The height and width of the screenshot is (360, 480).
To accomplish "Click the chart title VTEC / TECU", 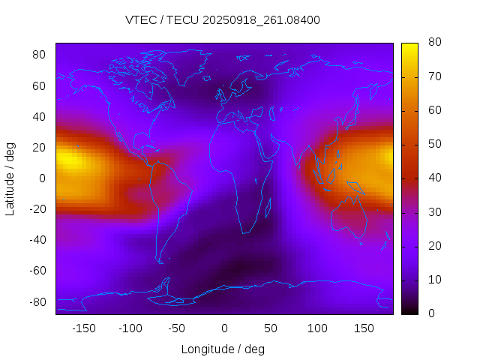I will pyautogui.click(x=223, y=20).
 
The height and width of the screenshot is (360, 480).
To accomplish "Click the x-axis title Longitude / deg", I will pyautogui.click(x=223, y=349).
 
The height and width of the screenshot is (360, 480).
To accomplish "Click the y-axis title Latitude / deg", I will pyautogui.click(x=10, y=178).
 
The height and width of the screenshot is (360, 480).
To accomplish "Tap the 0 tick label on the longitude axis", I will pyautogui.click(x=223, y=328).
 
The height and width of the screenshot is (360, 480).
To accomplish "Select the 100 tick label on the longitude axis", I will pyautogui.click(x=317, y=328).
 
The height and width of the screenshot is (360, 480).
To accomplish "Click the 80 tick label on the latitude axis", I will pyautogui.click(x=40, y=55).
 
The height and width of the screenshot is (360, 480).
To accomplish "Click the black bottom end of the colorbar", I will pyautogui.click(x=409, y=310).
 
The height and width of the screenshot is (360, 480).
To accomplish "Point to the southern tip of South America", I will pyautogui.click(x=160, y=261).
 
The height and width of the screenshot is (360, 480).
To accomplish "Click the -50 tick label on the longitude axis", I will pyautogui.click(x=177, y=328).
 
